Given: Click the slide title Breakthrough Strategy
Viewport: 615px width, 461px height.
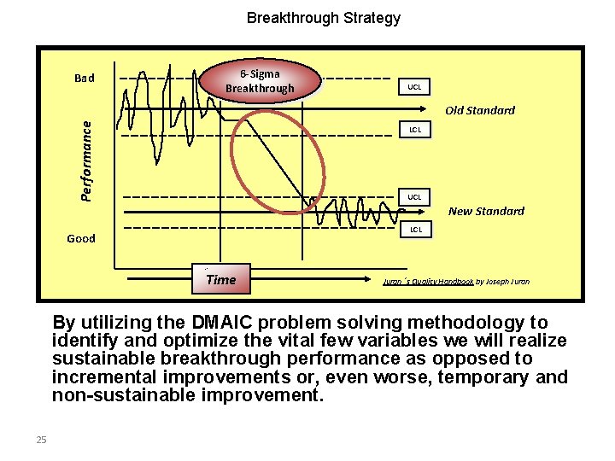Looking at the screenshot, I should [x=323, y=17].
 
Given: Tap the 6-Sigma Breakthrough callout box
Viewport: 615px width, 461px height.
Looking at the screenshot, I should [x=260, y=81].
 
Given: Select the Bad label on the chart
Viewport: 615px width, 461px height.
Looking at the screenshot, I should [x=84, y=79].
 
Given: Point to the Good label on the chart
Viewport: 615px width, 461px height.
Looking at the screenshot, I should [x=81, y=238].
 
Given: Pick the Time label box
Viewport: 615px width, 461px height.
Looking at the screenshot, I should [x=221, y=279].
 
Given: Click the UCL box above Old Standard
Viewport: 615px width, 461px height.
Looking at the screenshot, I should [x=413, y=87].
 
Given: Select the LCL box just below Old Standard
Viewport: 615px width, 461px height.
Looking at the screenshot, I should [x=413, y=130].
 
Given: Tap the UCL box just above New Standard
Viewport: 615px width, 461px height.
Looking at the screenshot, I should [x=413, y=197].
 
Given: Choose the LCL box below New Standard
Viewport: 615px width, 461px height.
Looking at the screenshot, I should [x=413, y=229].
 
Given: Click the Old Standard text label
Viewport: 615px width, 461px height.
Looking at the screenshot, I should [x=480, y=110].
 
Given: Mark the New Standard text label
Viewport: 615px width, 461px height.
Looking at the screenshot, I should [x=486, y=211].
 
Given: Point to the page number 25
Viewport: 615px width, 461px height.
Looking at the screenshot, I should [x=41, y=440].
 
